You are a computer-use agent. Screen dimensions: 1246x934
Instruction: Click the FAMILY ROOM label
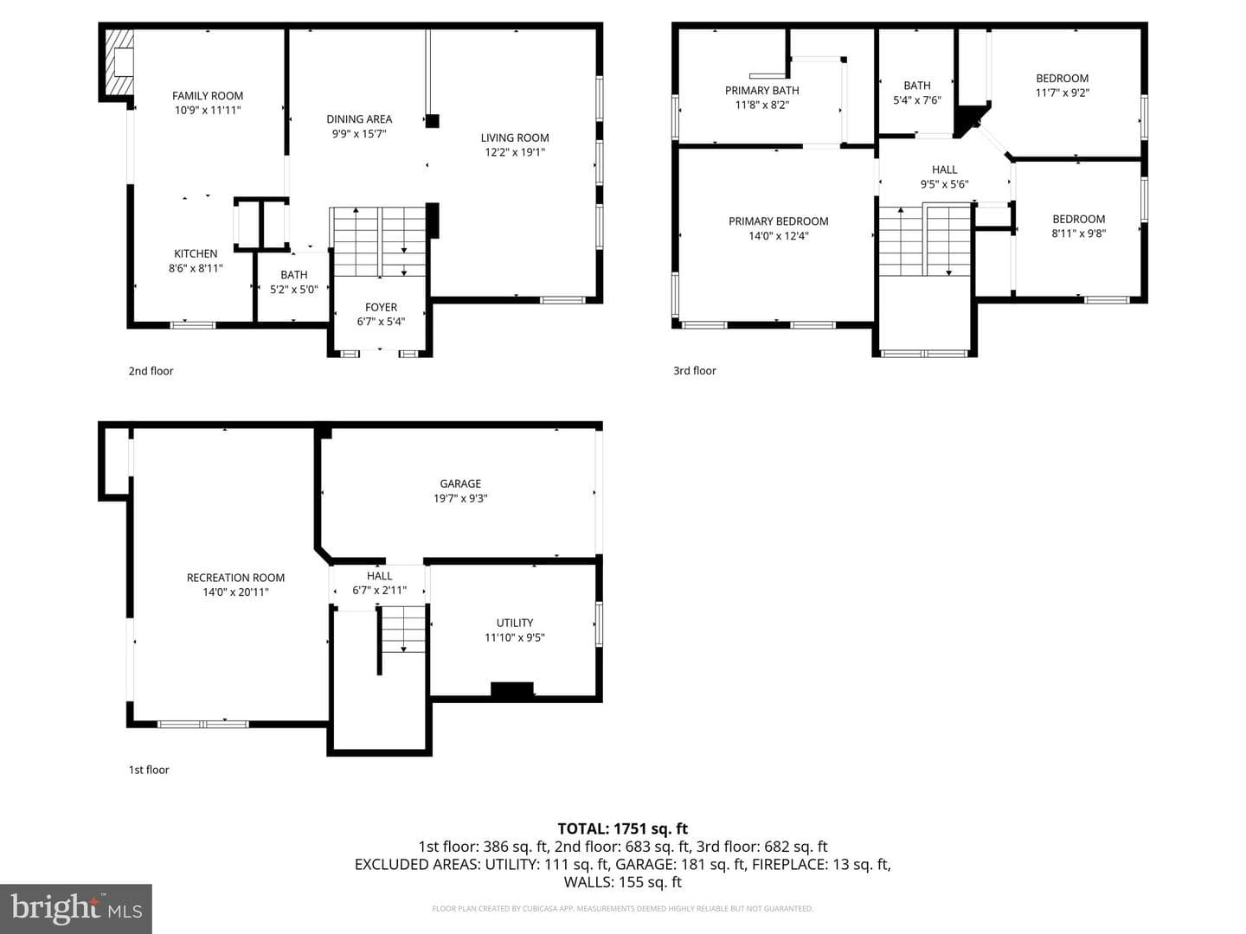tap(208, 96)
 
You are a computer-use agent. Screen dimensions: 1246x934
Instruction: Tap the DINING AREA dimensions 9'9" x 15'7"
tap(359, 134)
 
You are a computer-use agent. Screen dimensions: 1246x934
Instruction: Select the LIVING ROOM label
tap(515, 138)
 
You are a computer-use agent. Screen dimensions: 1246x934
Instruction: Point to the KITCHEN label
tap(196, 253)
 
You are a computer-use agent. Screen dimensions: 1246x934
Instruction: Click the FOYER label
tap(381, 307)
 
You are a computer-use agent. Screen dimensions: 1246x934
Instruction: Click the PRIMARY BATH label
tap(761, 90)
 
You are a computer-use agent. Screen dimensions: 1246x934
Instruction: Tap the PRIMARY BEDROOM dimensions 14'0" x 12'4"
tap(779, 236)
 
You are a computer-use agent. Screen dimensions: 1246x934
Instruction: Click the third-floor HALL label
tap(945, 170)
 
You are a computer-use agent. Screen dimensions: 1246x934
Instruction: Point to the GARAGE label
tap(460, 483)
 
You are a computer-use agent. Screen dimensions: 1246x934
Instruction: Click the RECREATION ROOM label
tap(235, 578)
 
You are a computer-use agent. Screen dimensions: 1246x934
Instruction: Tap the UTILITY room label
tap(515, 623)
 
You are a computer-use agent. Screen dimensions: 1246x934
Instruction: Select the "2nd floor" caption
tap(151, 371)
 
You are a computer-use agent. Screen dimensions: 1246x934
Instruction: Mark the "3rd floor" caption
tap(695, 371)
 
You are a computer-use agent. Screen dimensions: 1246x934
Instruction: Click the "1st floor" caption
tap(149, 770)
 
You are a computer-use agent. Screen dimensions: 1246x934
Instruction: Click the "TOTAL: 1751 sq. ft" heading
tap(623, 829)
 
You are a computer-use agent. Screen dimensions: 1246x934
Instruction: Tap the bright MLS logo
tap(76, 909)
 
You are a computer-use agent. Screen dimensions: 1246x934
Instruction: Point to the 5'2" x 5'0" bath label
tap(294, 282)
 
